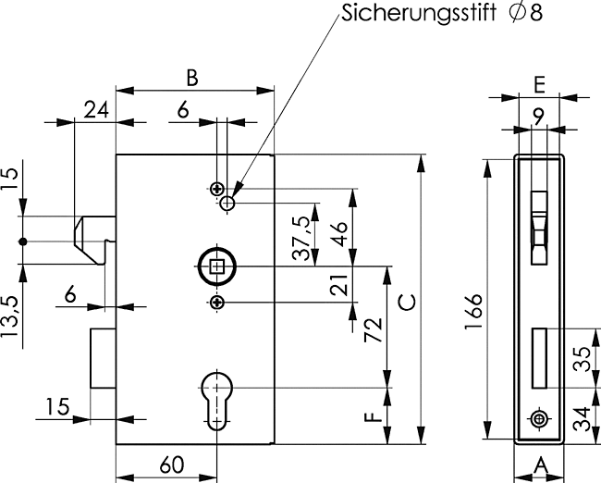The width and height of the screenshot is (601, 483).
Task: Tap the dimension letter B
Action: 191,78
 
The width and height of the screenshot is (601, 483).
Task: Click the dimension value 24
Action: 94,108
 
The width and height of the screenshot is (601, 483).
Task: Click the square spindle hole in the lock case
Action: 217,268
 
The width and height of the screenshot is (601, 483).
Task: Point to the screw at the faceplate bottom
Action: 538,420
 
